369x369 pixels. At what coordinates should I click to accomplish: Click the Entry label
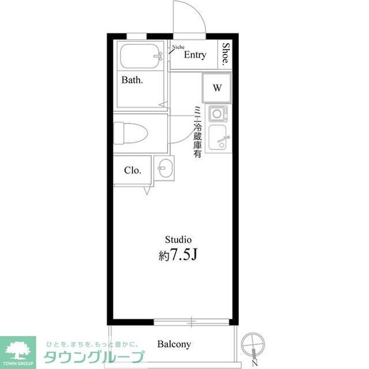(x=194, y=55)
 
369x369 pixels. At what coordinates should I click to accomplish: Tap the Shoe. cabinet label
(x=226, y=55)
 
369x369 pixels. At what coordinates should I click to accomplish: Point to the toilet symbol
(x=130, y=131)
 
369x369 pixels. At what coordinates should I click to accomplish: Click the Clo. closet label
(x=132, y=170)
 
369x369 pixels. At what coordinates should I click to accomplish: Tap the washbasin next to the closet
(x=164, y=167)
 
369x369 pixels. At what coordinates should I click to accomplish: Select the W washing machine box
(x=216, y=87)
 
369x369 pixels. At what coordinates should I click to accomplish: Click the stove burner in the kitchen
(x=218, y=113)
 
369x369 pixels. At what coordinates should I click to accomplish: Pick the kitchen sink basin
(x=218, y=138)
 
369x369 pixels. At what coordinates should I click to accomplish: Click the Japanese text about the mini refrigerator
(x=197, y=132)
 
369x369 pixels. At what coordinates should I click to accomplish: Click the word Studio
(x=179, y=239)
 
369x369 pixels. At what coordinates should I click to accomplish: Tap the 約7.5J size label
(x=179, y=254)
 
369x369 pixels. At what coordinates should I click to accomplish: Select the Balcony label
(x=174, y=344)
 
